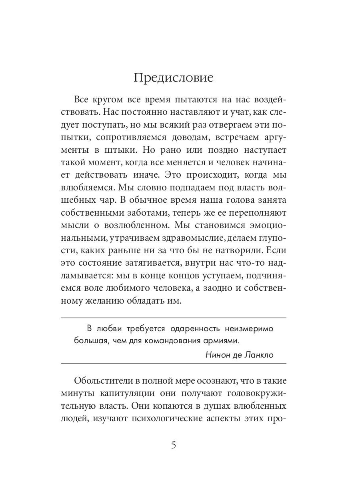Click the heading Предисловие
tap(174, 78)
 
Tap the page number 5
tap(174, 445)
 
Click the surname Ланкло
tap(259, 354)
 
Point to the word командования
tap(167, 341)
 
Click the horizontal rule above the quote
tap(174, 318)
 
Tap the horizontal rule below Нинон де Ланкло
tap(174, 363)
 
